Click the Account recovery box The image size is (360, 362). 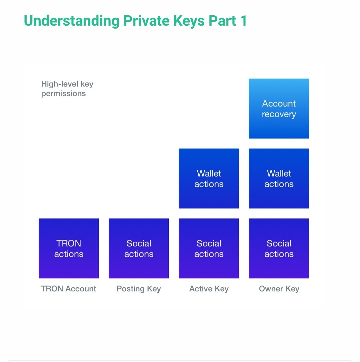(279, 109)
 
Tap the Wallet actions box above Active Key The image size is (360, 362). (209, 179)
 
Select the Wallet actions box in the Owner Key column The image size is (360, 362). (279, 179)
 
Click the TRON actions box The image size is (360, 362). (69, 248)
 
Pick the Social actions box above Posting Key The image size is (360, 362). (139, 248)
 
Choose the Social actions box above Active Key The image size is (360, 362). (209, 248)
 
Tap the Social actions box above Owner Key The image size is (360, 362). (279, 248)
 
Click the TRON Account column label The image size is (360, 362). (68, 289)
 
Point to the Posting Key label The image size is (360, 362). (139, 289)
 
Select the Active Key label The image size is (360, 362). (209, 289)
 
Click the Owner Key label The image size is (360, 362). (279, 289)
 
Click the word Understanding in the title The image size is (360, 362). (72, 21)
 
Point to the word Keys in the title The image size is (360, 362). (189, 21)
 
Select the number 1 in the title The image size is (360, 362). (244, 21)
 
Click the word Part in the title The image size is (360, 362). (222, 21)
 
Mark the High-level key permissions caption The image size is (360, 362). (67, 89)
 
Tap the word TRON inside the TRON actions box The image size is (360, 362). (69, 243)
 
